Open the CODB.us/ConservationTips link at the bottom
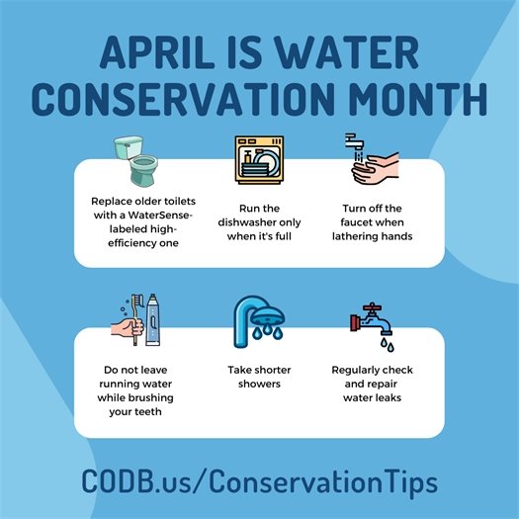click(260, 483)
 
